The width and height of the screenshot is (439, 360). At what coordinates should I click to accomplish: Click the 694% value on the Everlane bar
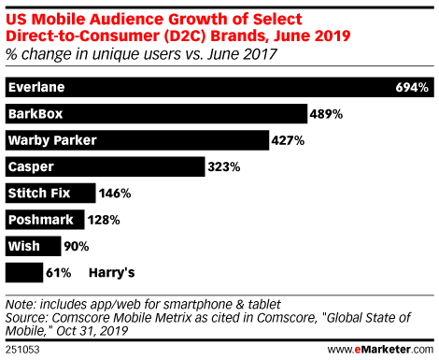click(x=411, y=88)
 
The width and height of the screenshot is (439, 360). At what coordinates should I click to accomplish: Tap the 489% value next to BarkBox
click(x=327, y=114)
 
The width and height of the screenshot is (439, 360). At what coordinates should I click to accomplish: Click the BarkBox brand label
click(x=34, y=114)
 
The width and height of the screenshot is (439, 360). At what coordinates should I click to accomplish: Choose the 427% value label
click(x=288, y=140)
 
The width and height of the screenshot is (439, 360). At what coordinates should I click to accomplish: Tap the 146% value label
click(x=115, y=194)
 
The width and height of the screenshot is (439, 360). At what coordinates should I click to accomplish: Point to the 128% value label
click(x=105, y=221)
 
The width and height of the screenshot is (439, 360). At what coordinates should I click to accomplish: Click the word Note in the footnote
click(x=20, y=304)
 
